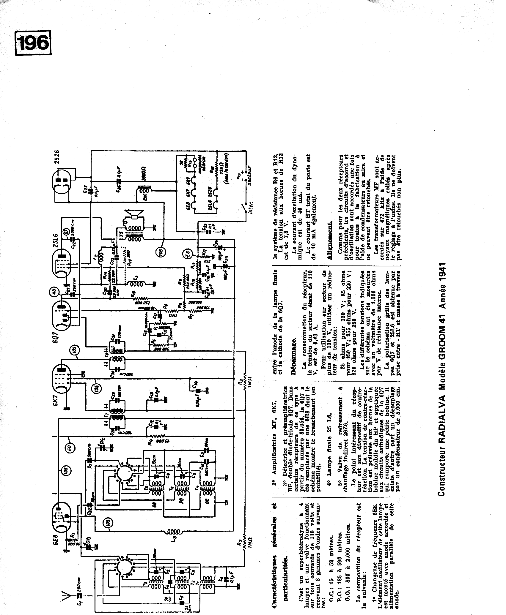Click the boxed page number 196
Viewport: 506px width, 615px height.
[33, 43]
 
